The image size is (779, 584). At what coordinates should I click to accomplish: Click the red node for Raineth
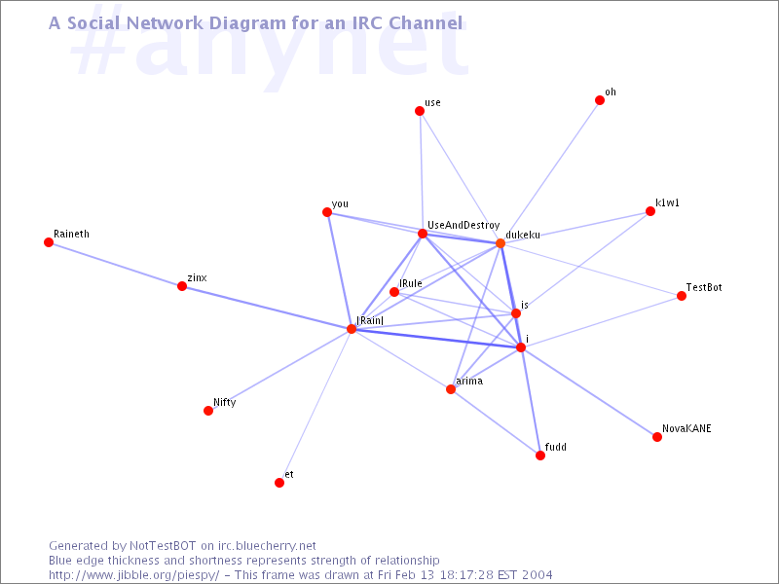tap(49, 242)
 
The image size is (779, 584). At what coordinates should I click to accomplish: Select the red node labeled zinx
tap(182, 286)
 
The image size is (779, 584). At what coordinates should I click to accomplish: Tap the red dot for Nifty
tap(208, 411)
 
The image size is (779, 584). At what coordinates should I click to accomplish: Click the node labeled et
tap(279, 483)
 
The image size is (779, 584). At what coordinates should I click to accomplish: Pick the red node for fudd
tap(540, 456)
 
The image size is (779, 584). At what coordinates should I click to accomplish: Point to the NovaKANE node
tap(657, 437)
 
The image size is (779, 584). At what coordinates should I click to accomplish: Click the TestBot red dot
tap(682, 296)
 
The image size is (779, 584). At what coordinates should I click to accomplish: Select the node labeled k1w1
tap(650, 211)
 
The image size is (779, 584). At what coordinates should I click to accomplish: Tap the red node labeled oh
tap(600, 100)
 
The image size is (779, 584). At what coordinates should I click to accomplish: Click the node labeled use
tap(420, 111)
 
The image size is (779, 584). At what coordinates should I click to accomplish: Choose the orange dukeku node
tap(501, 243)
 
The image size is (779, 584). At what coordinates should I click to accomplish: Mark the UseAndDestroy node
tap(423, 234)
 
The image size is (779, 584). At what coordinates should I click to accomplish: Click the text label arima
tap(469, 381)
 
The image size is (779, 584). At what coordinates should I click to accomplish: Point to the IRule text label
tap(410, 283)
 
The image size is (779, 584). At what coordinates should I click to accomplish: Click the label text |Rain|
tap(370, 320)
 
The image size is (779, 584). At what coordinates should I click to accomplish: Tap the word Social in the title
tap(93, 22)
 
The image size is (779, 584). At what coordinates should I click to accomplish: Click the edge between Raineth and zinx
tap(115, 264)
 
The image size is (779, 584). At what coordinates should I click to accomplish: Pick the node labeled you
tap(327, 212)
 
